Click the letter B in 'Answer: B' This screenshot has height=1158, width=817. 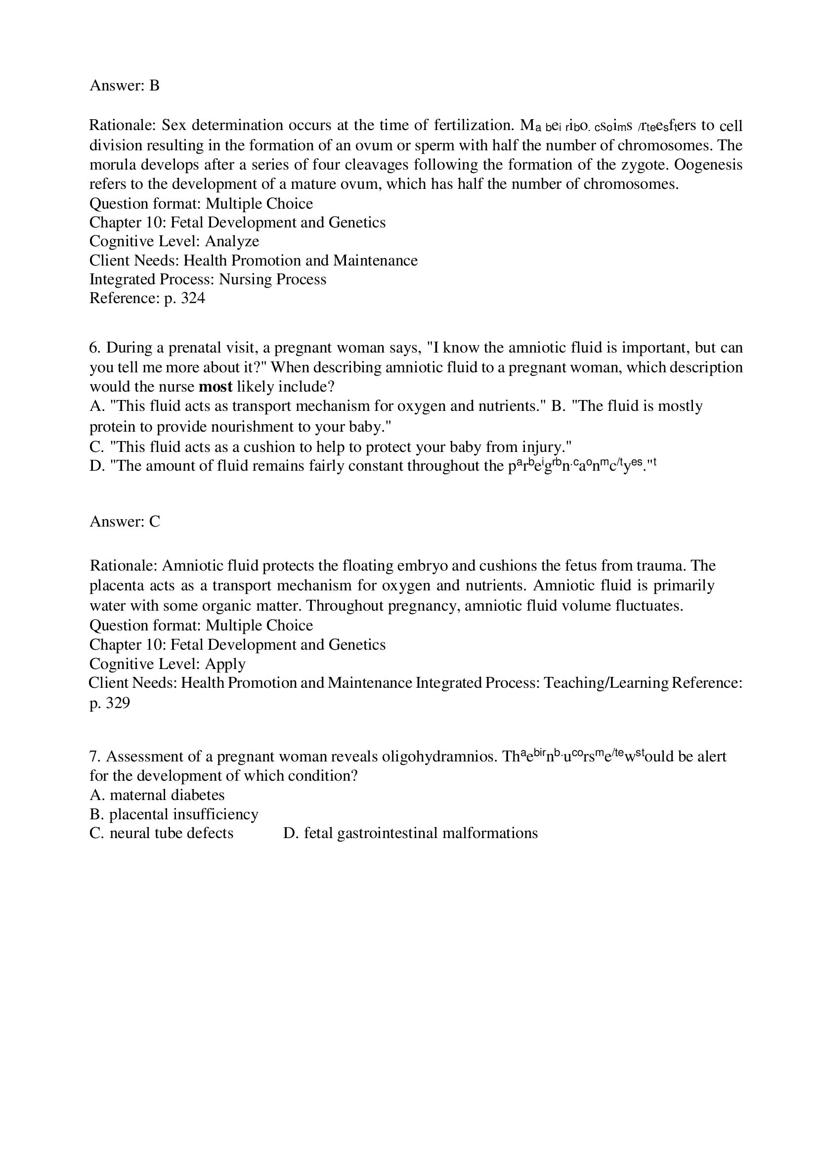click(x=154, y=86)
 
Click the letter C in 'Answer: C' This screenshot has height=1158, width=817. click(x=155, y=522)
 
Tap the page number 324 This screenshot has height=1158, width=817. click(x=193, y=299)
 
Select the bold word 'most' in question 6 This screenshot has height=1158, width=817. click(x=215, y=387)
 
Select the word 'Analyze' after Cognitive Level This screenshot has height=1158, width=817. click(x=232, y=242)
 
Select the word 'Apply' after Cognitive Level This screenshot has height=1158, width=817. click(x=225, y=664)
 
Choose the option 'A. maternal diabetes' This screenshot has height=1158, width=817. click(x=157, y=795)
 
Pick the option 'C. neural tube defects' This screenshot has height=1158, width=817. click(x=161, y=833)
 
